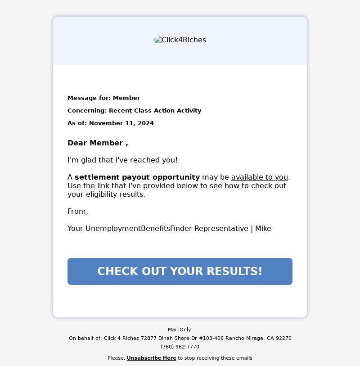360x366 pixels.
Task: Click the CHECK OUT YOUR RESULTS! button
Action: coord(180,271)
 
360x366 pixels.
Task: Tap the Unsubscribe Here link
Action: coord(151,358)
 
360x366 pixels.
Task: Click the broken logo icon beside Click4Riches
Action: coord(158,40)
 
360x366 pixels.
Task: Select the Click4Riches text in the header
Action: coord(184,40)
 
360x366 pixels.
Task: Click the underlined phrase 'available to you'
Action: coord(259,177)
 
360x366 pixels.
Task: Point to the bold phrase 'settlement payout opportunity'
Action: coord(137,177)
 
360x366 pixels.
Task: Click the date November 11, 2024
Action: coord(121,123)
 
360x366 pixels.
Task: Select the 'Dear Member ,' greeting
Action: coord(98,143)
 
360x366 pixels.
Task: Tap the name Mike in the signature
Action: coord(263,229)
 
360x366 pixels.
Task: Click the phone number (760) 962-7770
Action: coord(180,347)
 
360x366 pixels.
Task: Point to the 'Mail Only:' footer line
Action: coord(180,330)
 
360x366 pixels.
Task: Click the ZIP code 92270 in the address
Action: coord(284,339)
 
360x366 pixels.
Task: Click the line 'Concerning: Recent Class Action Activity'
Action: coord(134,111)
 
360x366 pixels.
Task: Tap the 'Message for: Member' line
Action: coord(103,98)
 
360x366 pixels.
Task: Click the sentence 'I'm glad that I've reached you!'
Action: coord(122,160)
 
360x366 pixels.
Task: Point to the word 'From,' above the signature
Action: coord(78,212)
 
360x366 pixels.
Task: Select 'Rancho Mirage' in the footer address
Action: coord(244,339)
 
